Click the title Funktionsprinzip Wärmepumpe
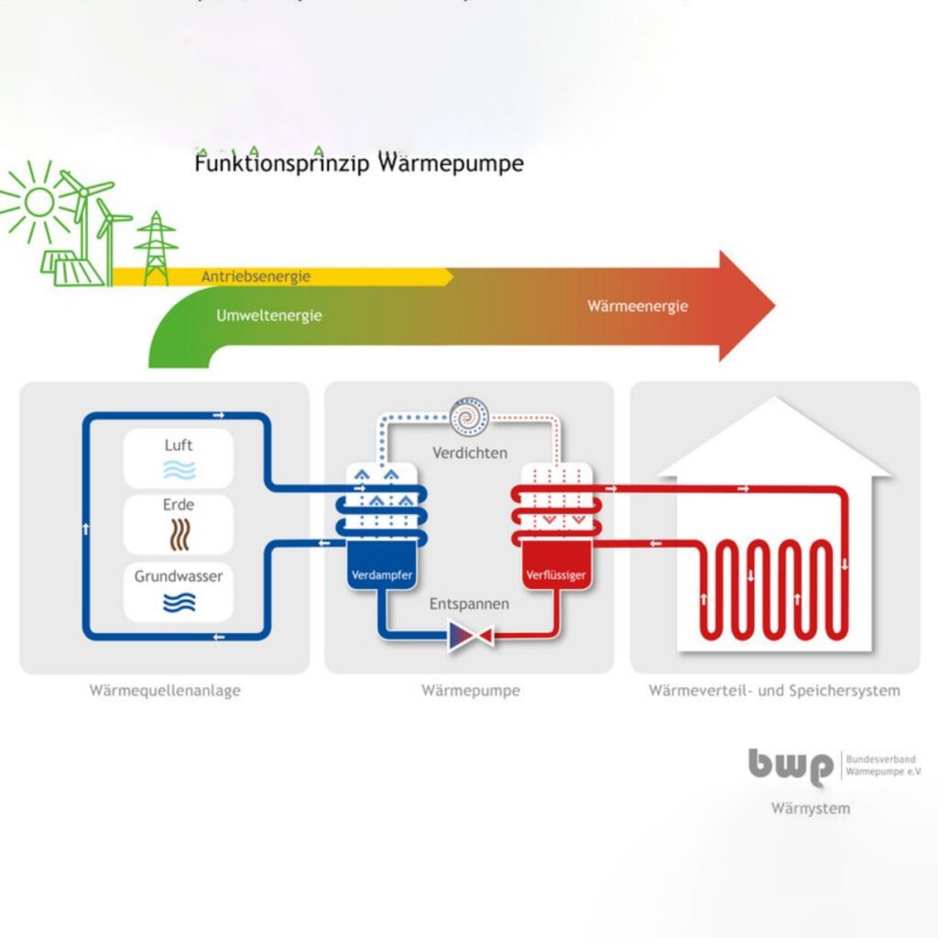tap(358, 165)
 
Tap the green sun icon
tap(38, 202)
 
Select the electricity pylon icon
tap(157, 249)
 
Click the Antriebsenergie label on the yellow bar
tap(256, 276)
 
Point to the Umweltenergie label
tap(268, 315)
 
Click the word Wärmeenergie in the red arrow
tap(638, 307)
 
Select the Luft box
tap(179, 458)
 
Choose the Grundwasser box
tap(179, 589)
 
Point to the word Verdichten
tap(470, 453)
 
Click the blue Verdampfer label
tap(380, 576)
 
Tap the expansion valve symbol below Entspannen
tap(470, 635)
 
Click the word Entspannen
tap(470, 605)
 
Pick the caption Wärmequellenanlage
tap(165, 691)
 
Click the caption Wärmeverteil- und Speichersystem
tap(774, 691)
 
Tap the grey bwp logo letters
tap(791, 766)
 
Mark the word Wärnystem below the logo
tap(810, 808)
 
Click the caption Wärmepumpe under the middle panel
tap(470, 691)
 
